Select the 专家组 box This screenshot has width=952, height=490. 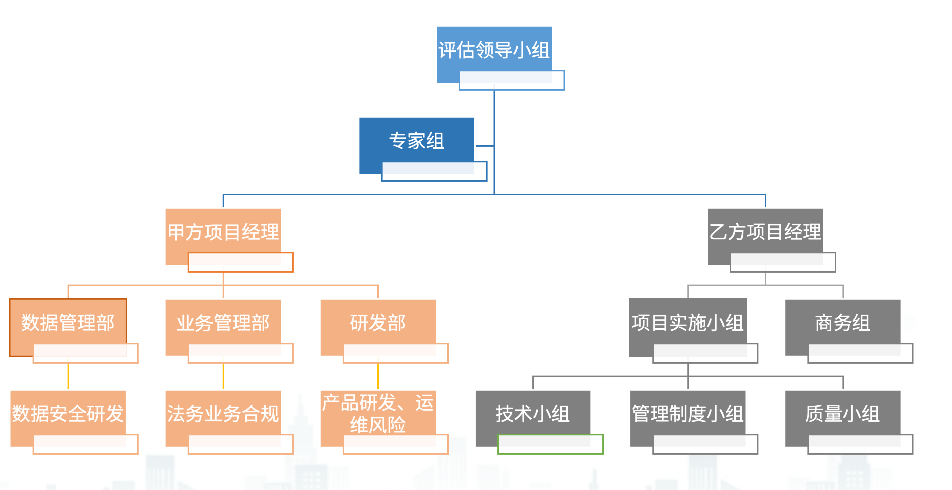[416, 140]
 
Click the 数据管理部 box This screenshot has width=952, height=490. [68, 322]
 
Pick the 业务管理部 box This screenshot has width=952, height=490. [223, 322]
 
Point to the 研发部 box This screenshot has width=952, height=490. [378, 322]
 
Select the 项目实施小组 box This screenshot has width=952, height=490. [687, 322]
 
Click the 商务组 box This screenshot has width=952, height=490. [842, 322]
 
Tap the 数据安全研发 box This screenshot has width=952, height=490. [68, 413]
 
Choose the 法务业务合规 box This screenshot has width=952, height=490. [223, 413]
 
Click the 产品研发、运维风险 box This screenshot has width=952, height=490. [378, 413]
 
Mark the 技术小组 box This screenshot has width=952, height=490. [533, 413]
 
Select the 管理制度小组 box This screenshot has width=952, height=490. [687, 413]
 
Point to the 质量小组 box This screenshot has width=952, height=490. [842, 413]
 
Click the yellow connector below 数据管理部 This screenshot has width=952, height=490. [68, 376]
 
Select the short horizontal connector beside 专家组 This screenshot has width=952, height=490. [484, 146]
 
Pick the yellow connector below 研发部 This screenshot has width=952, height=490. [378, 376]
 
